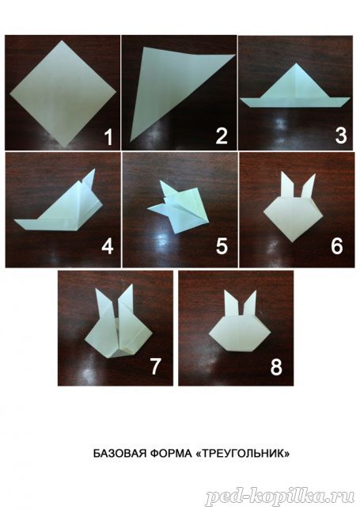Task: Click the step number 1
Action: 108,137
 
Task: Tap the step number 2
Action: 222,136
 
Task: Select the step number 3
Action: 341,135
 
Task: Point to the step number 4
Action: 108,246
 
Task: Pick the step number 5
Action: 222,246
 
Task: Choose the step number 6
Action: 337,246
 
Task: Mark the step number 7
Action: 155,366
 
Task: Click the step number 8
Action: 276,367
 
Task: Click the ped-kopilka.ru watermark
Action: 280,497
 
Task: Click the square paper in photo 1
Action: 63,93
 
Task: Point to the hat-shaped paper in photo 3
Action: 294,89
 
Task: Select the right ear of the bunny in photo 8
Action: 250,303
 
